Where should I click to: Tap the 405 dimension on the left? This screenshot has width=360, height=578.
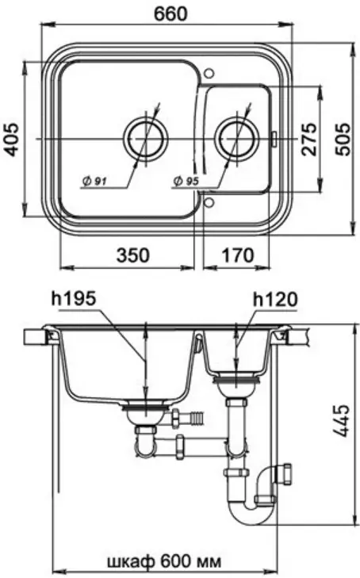12,140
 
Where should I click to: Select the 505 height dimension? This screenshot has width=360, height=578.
345,139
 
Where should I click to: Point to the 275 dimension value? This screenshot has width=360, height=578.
308,139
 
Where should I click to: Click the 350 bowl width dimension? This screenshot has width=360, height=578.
133,255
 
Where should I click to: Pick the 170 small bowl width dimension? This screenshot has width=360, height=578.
237,255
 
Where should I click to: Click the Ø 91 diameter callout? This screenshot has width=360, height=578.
94,181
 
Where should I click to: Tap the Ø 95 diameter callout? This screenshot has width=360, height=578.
186,181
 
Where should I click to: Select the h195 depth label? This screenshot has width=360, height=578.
73,298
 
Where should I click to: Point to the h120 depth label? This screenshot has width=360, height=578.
275,300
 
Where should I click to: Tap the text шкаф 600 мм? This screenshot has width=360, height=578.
164,562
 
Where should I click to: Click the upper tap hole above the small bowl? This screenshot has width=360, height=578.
209,73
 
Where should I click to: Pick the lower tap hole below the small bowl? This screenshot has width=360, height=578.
209,202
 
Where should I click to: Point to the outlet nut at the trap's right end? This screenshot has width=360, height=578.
284,473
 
